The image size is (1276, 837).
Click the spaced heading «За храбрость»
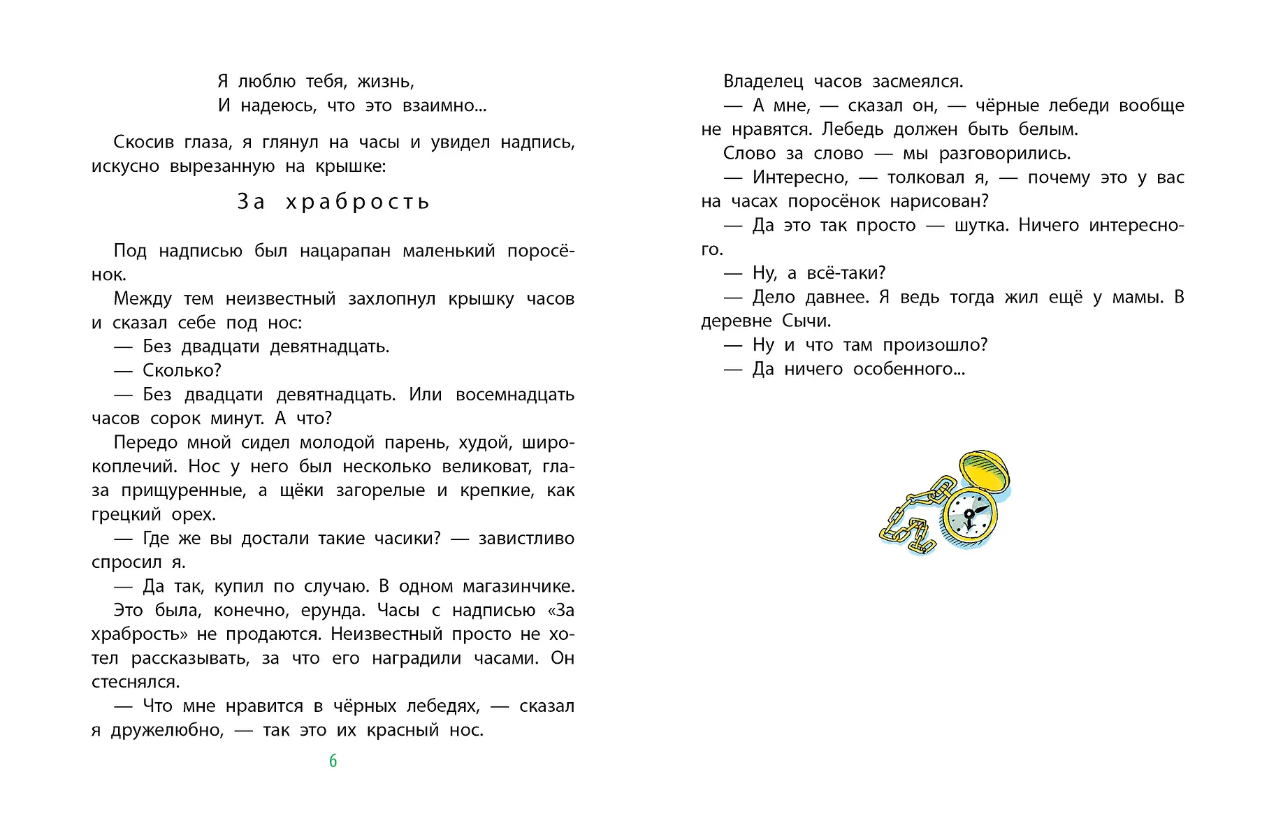(x=333, y=202)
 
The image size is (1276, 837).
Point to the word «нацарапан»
(x=345, y=251)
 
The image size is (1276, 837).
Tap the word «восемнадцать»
(x=514, y=395)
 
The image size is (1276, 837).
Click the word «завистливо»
(x=526, y=539)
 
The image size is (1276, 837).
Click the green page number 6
(x=333, y=761)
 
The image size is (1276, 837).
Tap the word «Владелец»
(x=763, y=82)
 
